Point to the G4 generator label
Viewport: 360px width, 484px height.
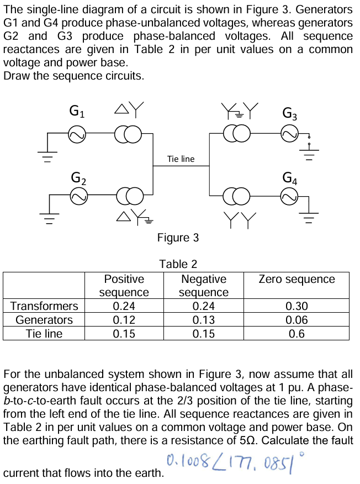(290, 178)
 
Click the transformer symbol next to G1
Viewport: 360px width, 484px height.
(125, 133)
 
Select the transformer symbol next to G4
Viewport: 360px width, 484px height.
(235, 194)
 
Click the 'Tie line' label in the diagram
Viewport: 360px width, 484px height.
(181, 159)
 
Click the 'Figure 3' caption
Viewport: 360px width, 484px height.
(178, 238)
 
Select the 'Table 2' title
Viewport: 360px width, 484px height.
(178, 264)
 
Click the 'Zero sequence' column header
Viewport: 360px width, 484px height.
(297, 279)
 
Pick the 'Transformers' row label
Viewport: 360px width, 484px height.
(44, 306)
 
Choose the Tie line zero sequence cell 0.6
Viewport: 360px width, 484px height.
(297, 334)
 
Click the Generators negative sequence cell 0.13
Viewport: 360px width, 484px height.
(204, 320)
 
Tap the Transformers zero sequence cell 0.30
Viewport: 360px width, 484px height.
(297, 306)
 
